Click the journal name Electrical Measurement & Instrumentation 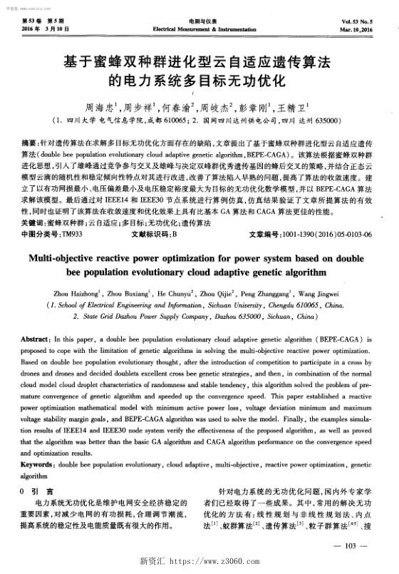tap(199, 32)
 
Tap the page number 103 tap(349, 546)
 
